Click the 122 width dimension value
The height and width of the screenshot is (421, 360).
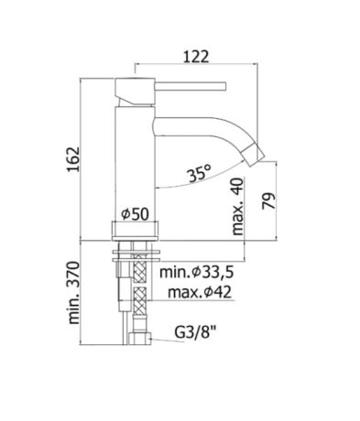click(x=196, y=57)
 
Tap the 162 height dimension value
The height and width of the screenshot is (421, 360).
click(x=73, y=159)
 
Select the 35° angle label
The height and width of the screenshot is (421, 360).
click(x=200, y=174)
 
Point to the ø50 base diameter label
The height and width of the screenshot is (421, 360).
click(x=135, y=213)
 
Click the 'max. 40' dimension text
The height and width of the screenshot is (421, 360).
click(x=238, y=206)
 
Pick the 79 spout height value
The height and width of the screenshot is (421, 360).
click(x=268, y=200)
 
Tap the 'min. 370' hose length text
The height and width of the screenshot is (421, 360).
click(x=73, y=293)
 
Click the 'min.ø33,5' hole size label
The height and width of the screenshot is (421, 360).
click(x=197, y=272)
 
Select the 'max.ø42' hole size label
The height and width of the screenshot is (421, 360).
click(x=200, y=292)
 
